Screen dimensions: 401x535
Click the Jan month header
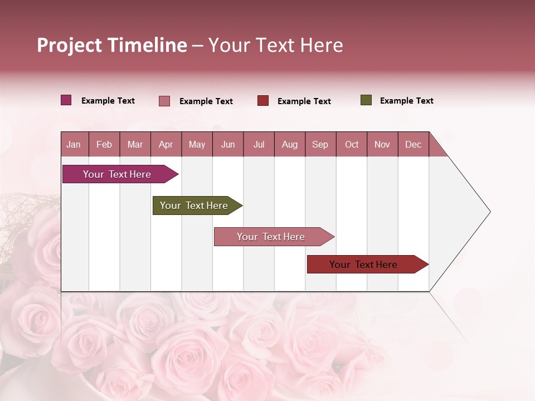[74, 144]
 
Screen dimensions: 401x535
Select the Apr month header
[166, 144]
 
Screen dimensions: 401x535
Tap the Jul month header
[259, 144]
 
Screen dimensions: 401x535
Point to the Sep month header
[320, 144]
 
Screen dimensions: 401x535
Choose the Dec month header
[413, 144]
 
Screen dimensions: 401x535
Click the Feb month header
[104, 144]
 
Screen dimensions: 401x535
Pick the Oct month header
[352, 144]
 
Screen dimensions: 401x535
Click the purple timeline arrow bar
[117, 174]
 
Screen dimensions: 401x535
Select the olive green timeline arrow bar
[194, 206]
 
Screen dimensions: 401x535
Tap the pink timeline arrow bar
[271, 237]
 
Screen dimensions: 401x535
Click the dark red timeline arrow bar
[363, 265]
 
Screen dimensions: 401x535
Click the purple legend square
[66, 100]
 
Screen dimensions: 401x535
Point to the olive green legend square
[366, 100]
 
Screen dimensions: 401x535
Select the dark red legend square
[263, 101]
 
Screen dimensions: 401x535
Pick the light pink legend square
[164, 101]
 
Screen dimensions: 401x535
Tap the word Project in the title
[69, 45]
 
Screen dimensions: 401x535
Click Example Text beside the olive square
[406, 101]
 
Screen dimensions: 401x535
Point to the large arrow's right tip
[489, 212]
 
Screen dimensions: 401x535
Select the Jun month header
[228, 144]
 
